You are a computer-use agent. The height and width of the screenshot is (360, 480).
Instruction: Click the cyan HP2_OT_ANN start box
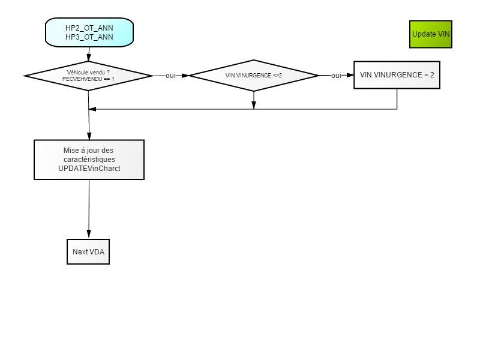click(89, 32)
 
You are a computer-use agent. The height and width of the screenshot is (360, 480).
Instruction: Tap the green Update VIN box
click(431, 34)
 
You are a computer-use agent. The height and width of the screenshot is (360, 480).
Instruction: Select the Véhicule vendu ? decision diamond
click(88, 76)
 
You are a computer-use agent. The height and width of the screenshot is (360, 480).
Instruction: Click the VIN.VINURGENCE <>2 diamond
click(254, 76)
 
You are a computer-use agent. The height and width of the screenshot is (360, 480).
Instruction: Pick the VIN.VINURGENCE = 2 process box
click(397, 75)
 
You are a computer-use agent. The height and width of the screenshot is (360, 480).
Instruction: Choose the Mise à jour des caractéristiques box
click(89, 160)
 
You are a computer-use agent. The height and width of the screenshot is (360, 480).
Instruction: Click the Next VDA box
click(88, 251)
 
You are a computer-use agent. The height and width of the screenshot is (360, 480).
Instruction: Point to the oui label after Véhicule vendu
click(170, 76)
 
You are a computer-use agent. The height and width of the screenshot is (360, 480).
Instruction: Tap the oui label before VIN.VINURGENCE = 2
click(336, 76)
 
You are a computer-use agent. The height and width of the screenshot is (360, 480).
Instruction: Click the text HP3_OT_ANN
click(89, 37)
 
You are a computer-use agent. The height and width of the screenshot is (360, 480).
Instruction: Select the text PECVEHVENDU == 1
click(88, 79)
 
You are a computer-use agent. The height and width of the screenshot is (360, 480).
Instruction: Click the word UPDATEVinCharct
click(89, 169)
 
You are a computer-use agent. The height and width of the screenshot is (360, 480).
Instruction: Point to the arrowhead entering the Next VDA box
click(89, 234)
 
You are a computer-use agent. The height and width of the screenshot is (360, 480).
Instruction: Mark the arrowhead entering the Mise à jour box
click(89, 136)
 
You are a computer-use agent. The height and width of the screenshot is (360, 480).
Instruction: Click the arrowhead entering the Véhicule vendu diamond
click(89, 57)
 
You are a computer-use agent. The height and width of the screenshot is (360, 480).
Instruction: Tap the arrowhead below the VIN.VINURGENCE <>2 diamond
click(253, 105)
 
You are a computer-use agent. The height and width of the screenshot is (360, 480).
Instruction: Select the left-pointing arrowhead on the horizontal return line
click(92, 109)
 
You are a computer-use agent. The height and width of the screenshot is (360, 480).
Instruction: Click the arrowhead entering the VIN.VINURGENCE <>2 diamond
click(185, 76)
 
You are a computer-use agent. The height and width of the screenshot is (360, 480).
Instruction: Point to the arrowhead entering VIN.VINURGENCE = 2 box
click(350, 75)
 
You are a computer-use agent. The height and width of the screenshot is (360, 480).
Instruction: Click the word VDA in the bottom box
click(97, 251)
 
